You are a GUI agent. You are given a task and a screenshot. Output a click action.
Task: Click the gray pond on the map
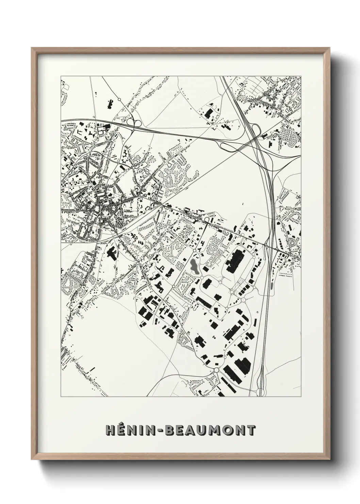(194, 267)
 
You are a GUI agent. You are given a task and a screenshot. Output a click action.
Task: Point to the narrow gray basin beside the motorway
(272, 285)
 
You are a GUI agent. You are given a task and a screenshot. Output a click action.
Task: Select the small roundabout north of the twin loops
(119, 99)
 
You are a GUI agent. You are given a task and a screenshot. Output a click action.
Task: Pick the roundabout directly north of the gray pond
(194, 250)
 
